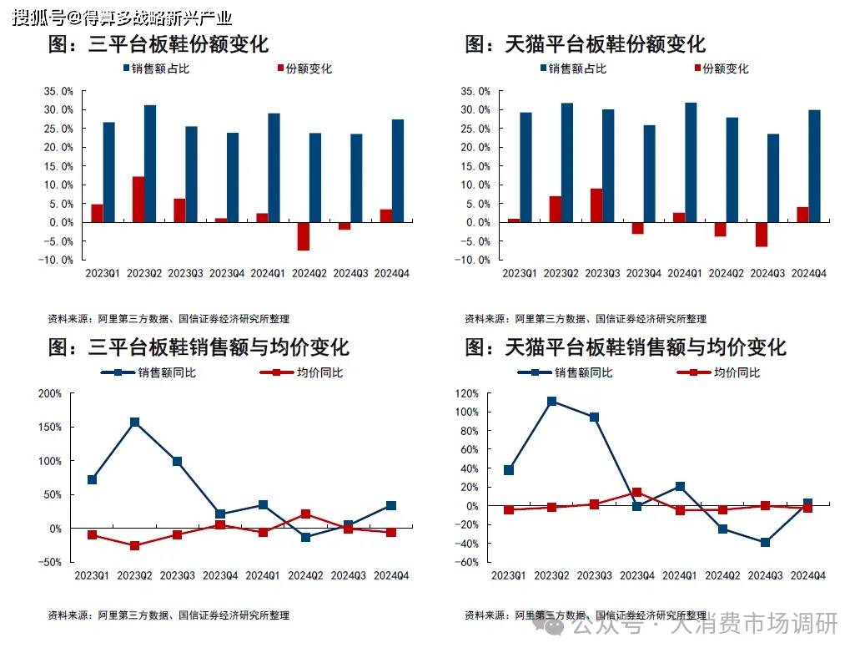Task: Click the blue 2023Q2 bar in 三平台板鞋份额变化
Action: click(x=150, y=164)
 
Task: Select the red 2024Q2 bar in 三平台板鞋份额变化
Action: click(x=303, y=236)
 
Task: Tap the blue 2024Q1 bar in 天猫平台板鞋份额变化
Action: click(x=690, y=162)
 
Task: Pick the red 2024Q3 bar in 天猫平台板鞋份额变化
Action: click(x=761, y=235)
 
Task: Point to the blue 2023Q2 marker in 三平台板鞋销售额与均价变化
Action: click(x=134, y=423)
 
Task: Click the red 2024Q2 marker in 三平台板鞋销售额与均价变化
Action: click(x=305, y=514)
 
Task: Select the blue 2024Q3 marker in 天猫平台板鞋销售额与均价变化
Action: click(x=765, y=542)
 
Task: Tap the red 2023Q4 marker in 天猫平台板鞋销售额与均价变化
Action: click(x=636, y=493)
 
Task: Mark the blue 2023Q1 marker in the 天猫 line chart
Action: click(x=509, y=470)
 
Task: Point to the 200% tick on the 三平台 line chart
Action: click(x=50, y=393)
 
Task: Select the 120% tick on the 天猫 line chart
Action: click(x=466, y=393)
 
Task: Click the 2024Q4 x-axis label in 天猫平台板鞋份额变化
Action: click(x=808, y=273)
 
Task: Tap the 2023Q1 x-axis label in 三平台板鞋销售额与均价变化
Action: click(x=91, y=575)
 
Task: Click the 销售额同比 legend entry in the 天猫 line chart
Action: click(x=576, y=372)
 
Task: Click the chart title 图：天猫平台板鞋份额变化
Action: click(x=585, y=44)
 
